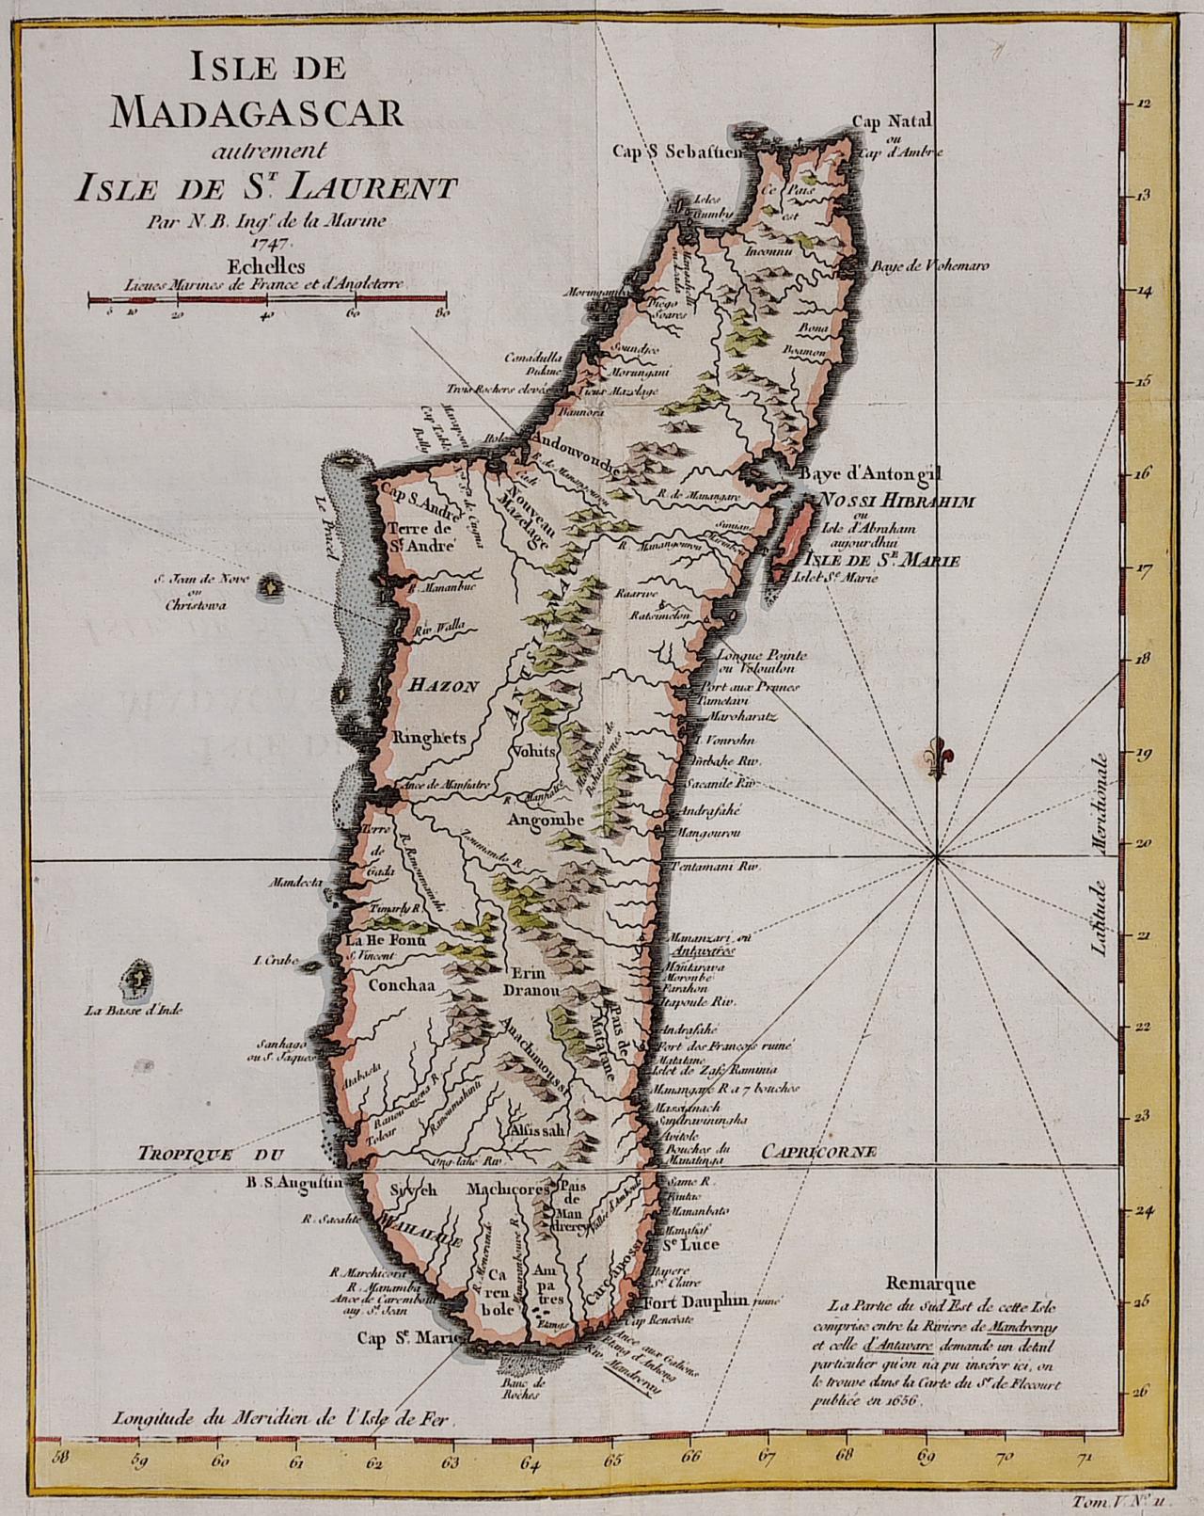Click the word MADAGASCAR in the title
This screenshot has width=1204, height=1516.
256,112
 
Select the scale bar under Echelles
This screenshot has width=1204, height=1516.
267,300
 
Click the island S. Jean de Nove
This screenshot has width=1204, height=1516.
271,586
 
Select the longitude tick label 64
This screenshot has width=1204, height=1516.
530,1436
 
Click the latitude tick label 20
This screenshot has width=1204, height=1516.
1144,844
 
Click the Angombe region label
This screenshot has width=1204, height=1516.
546,820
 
